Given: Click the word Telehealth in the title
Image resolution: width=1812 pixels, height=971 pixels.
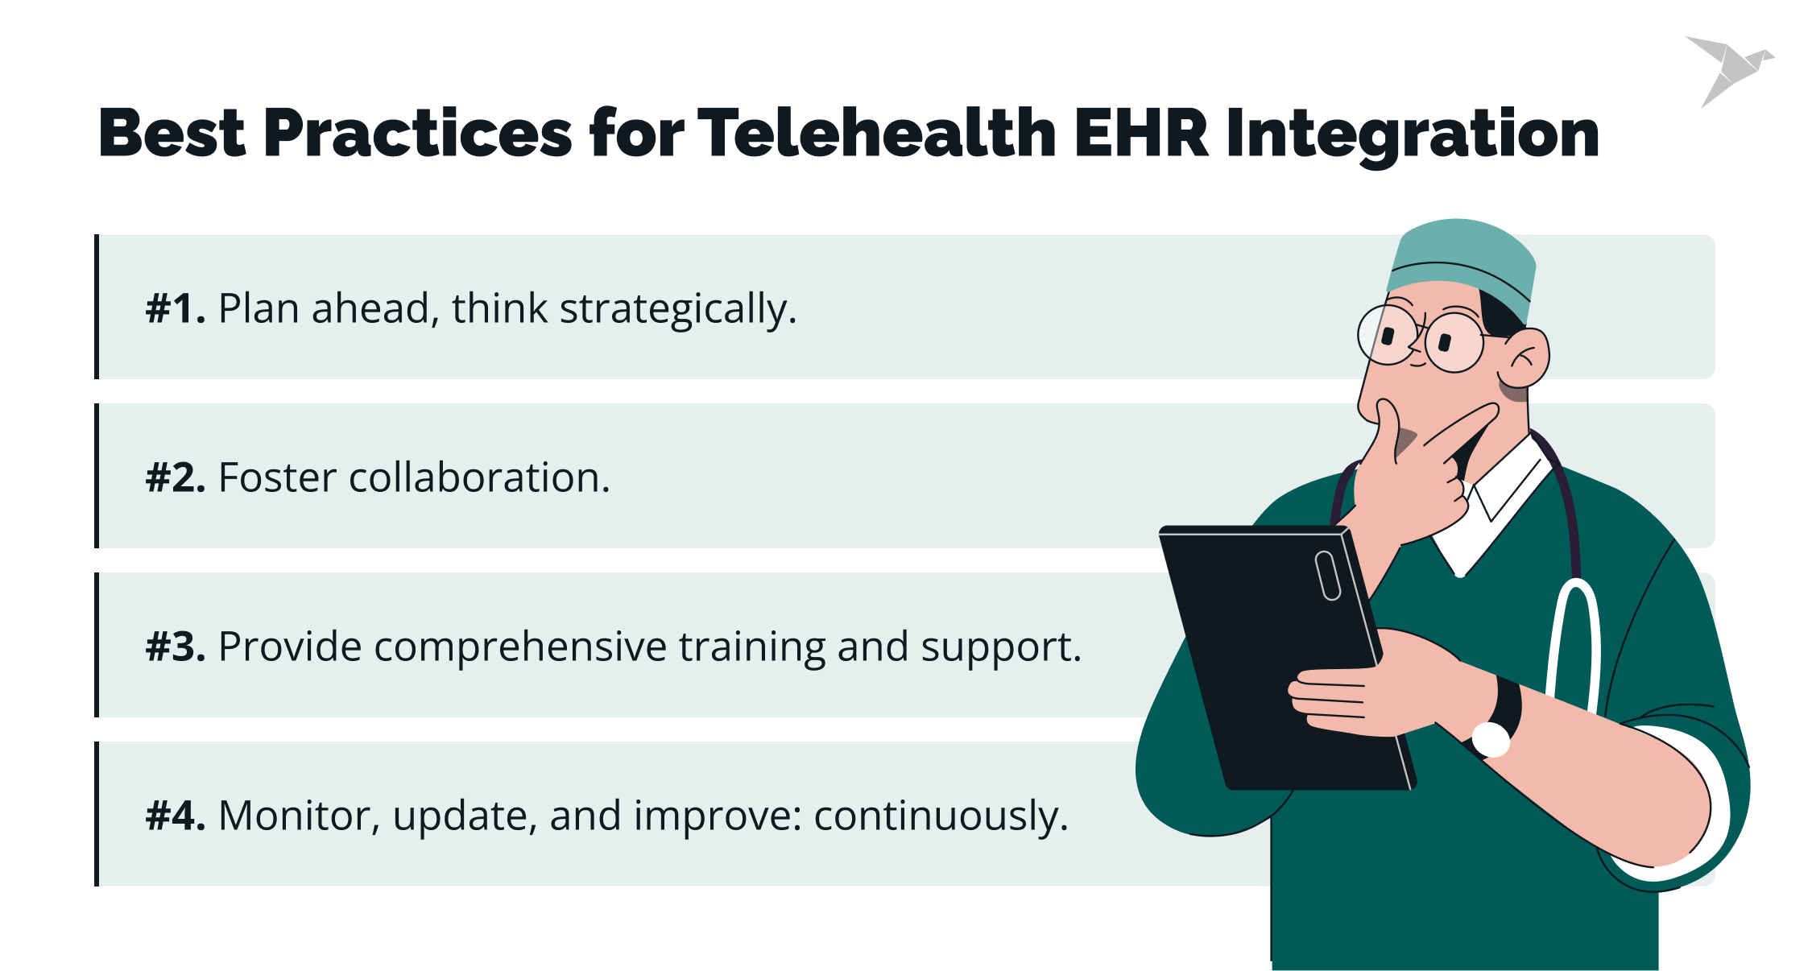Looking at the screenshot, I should [877, 133].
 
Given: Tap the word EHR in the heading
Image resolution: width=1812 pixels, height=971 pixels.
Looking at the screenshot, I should [1141, 133].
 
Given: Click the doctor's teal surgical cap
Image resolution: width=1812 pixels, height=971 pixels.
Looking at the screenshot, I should [1462, 258].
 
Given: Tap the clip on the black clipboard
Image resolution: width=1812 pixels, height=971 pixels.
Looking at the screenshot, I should [1327, 575].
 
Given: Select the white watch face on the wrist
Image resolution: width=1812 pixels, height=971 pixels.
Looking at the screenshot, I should [1490, 739].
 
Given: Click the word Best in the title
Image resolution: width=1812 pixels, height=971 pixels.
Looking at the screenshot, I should [172, 133].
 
